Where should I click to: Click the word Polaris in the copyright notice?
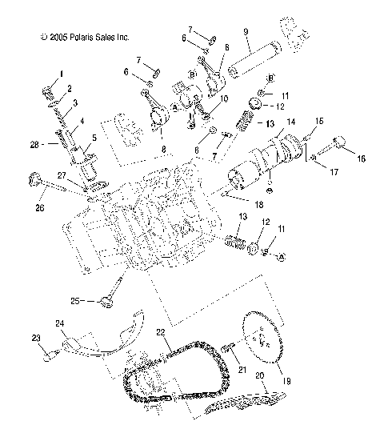(85, 37)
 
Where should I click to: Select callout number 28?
(33, 144)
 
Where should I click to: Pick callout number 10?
(223, 98)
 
